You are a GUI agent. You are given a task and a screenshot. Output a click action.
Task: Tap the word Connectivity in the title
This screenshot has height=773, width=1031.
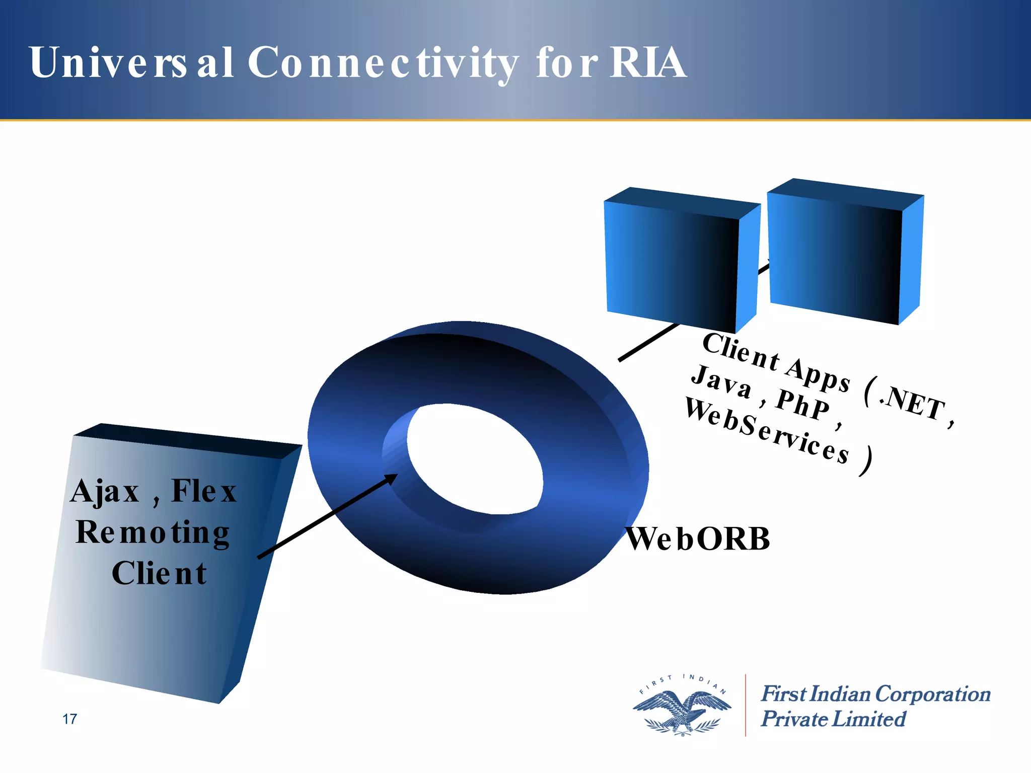click(383, 63)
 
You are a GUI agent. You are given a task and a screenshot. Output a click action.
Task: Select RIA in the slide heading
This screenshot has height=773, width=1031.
click(648, 62)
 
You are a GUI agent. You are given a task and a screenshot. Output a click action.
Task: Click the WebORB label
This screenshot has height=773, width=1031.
click(698, 539)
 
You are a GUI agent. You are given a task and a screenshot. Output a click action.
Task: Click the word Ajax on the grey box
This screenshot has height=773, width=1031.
click(105, 492)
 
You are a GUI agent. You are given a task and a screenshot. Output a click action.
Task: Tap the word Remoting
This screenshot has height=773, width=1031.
click(153, 533)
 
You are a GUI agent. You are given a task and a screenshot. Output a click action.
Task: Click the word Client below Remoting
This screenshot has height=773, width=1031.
click(159, 573)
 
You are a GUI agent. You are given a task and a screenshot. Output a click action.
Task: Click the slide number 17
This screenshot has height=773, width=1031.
click(69, 719)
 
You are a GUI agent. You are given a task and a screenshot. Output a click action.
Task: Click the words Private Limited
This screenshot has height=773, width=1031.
click(833, 719)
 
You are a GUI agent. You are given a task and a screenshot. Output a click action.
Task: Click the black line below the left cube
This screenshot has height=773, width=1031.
click(649, 342)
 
